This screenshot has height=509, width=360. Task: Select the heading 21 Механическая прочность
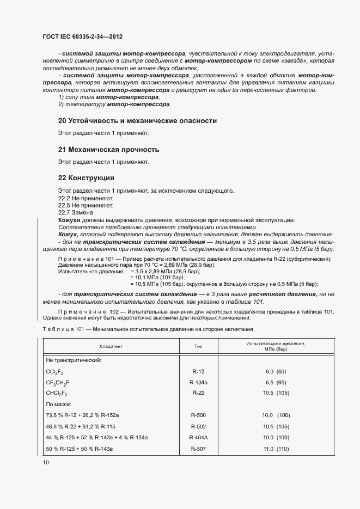(108, 149)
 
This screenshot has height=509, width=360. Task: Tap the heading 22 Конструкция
(86, 178)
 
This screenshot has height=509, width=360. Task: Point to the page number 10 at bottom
(46, 463)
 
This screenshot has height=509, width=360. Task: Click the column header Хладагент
(111, 346)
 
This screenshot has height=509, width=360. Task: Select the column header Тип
(198, 346)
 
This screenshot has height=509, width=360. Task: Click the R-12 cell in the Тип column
(198, 371)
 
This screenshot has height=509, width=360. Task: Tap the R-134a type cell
(198, 383)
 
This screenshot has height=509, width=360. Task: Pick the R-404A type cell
(198, 438)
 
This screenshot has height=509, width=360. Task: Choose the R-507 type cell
(198, 449)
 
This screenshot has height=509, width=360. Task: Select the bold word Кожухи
(69, 219)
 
